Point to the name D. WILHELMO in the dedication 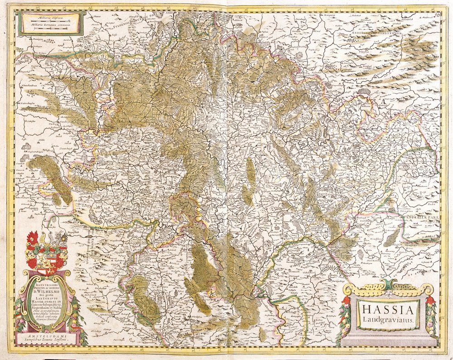(x=47, y=286)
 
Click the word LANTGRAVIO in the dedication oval (x=47, y=294)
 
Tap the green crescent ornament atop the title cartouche (x=387, y=285)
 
